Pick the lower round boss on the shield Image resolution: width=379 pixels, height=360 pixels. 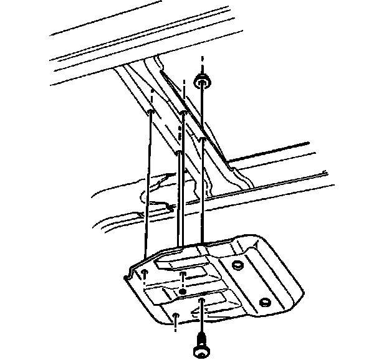(x=264, y=302)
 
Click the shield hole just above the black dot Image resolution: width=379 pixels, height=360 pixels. (x=182, y=274)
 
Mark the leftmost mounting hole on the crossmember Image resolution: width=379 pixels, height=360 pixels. (x=151, y=112)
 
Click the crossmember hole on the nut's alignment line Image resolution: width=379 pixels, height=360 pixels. (x=203, y=140)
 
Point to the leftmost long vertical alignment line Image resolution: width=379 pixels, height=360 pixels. (x=148, y=187)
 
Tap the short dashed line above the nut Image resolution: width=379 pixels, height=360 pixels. (x=203, y=62)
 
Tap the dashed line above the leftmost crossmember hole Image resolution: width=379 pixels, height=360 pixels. (x=152, y=97)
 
